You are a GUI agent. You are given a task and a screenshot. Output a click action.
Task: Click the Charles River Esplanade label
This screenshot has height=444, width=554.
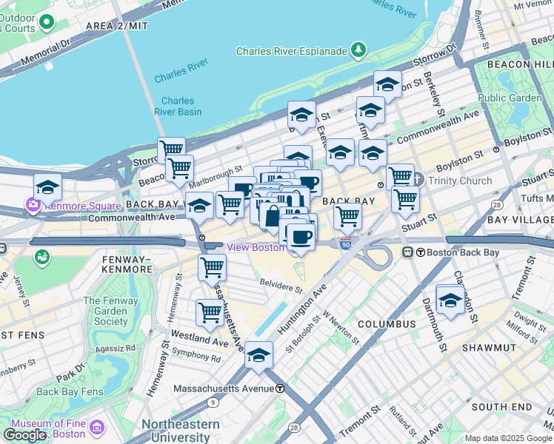point(291,51)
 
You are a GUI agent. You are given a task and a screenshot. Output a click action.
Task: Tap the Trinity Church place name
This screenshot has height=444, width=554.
point(459,181)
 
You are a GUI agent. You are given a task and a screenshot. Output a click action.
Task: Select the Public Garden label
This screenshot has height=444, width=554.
point(510,98)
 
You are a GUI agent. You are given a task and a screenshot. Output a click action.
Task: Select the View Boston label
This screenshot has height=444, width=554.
point(256,247)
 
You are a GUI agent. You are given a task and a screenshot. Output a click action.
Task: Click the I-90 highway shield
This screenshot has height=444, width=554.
point(346,243)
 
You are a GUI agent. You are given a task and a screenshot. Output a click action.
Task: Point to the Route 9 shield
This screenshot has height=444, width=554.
point(213,403)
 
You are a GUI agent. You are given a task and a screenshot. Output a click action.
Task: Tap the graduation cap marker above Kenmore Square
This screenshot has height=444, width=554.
point(47,188)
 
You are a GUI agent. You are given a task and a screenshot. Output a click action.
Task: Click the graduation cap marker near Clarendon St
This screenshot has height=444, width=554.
point(450,300)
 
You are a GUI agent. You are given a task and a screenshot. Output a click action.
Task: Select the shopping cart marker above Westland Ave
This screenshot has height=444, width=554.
point(210,312)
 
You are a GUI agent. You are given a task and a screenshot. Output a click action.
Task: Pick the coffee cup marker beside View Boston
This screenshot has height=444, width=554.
point(301,238)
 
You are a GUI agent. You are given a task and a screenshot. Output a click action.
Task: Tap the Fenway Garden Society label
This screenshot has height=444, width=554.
point(111,311)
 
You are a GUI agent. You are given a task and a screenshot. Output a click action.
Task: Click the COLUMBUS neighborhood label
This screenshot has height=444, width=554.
point(387,324)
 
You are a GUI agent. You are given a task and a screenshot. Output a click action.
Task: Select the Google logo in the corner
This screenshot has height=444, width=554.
point(25,435)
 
